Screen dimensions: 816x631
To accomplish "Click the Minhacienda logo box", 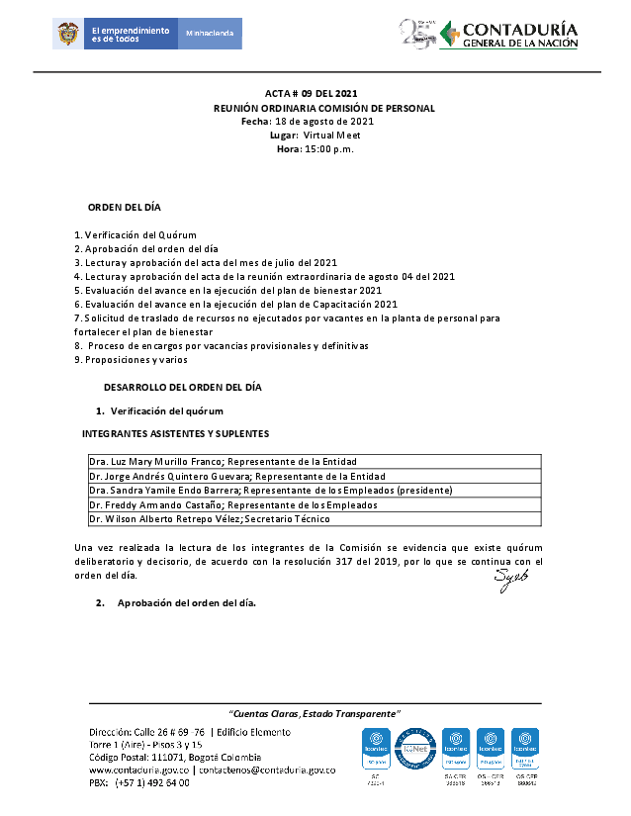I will [x=209, y=34].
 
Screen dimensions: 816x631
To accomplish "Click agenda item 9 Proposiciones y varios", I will [x=131, y=360].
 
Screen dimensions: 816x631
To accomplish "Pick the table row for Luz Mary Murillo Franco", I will [x=223, y=462].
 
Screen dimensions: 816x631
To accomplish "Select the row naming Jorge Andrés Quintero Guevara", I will [x=223, y=476].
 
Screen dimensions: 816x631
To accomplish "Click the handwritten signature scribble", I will [x=511, y=580].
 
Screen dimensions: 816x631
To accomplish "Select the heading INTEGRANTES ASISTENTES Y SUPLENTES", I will [x=175, y=433].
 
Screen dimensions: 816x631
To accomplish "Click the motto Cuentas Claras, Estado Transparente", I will [x=315, y=713].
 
